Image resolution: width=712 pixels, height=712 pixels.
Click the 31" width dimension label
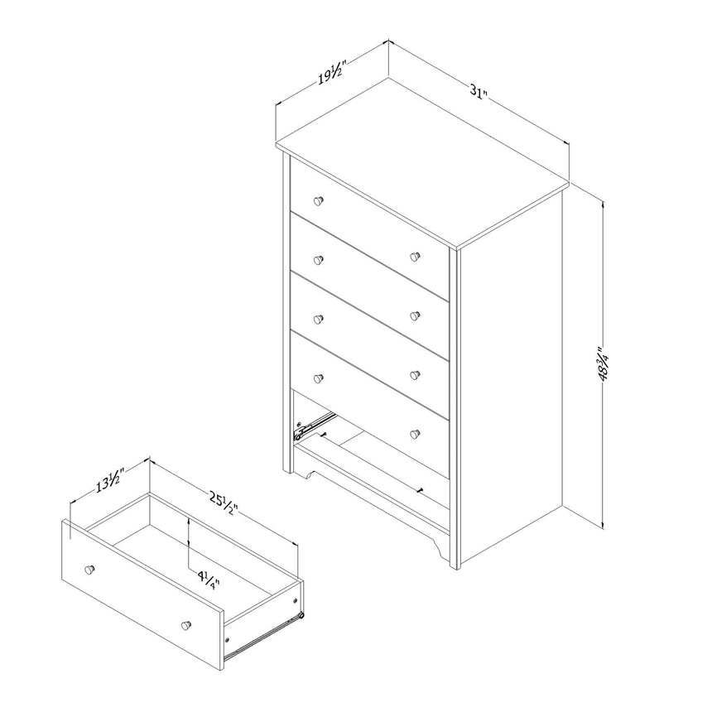click(x=475, y=92)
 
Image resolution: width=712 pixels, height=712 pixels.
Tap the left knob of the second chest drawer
click(x=318, y=259)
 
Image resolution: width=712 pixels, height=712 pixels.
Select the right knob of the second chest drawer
click(x=415, y=257)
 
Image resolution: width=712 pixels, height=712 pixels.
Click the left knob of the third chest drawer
click(x=318, y=319)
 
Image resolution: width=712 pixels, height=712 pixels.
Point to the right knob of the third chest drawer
click(x=415, y=315)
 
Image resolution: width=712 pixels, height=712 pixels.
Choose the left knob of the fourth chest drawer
click(x=318, y=378)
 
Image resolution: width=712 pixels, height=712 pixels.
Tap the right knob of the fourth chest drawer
click(x=415, y=374)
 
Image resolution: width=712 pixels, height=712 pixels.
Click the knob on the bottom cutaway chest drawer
click(x=415, y=433)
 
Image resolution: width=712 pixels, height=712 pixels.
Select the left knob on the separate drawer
click(x=89, y=570)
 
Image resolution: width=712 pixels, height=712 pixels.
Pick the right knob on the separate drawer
click(x=186, y=623)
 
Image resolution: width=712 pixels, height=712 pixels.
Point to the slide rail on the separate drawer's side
click(x=265, y=632)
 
